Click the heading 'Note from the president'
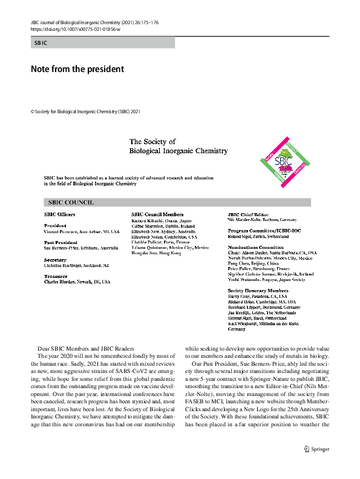click(77, 69)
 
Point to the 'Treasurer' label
click(56, 276)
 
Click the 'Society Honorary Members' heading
click(258, 291)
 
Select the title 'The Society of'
click(152, 142)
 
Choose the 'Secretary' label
click(55, 259)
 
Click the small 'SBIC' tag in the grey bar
click(41, 43)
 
